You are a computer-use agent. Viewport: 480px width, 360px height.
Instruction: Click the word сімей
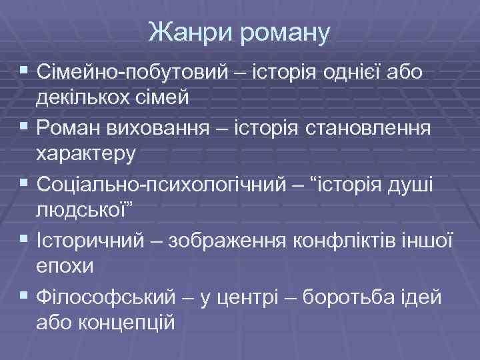coord(171,97)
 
